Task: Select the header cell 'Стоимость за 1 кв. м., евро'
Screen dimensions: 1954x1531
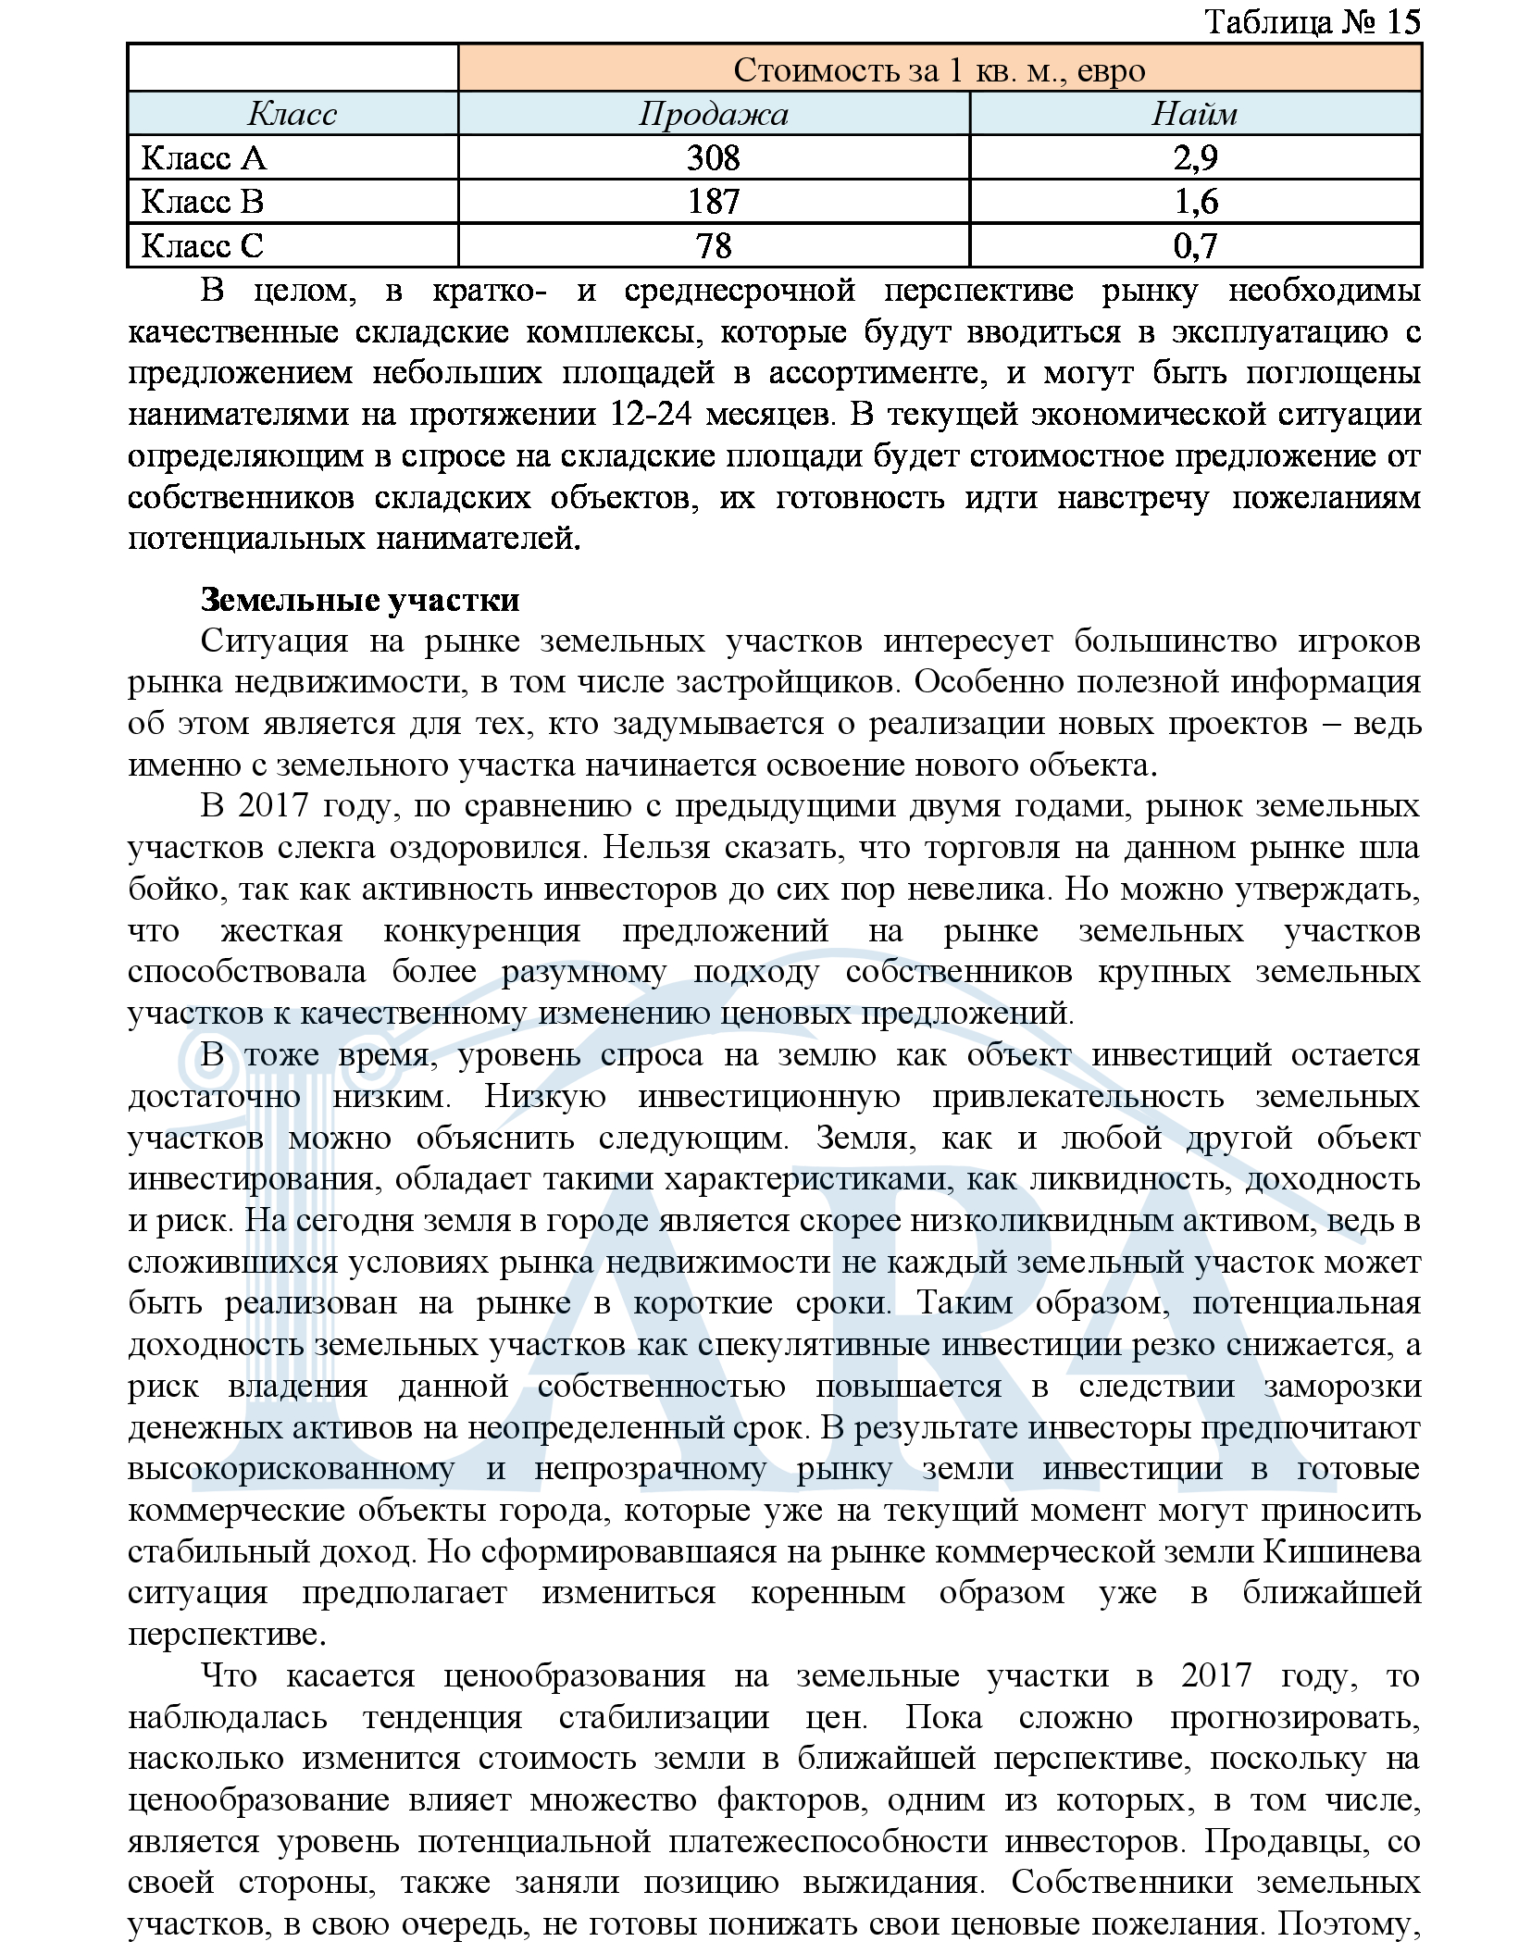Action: pos(939,70)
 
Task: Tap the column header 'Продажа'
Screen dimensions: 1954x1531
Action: pos(713,114)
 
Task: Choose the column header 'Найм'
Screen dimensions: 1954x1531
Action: pos(1194,114)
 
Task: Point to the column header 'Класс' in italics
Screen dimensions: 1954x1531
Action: pos(293,114)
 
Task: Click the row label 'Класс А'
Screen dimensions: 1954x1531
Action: pos(204,158)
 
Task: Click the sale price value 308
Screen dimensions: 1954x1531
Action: pos(713,158)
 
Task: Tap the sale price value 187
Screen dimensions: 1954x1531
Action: pos(713,202)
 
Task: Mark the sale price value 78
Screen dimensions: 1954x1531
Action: pos(713,246)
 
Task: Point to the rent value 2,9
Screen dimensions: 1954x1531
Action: pos(1195,158)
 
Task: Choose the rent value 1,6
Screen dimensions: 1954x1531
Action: pos(1195,202)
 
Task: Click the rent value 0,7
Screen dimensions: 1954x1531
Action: pos(1195,246)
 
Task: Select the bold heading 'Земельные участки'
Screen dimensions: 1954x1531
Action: pos(360,600)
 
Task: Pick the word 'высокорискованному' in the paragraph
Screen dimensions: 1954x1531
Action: pos(292,1469)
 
